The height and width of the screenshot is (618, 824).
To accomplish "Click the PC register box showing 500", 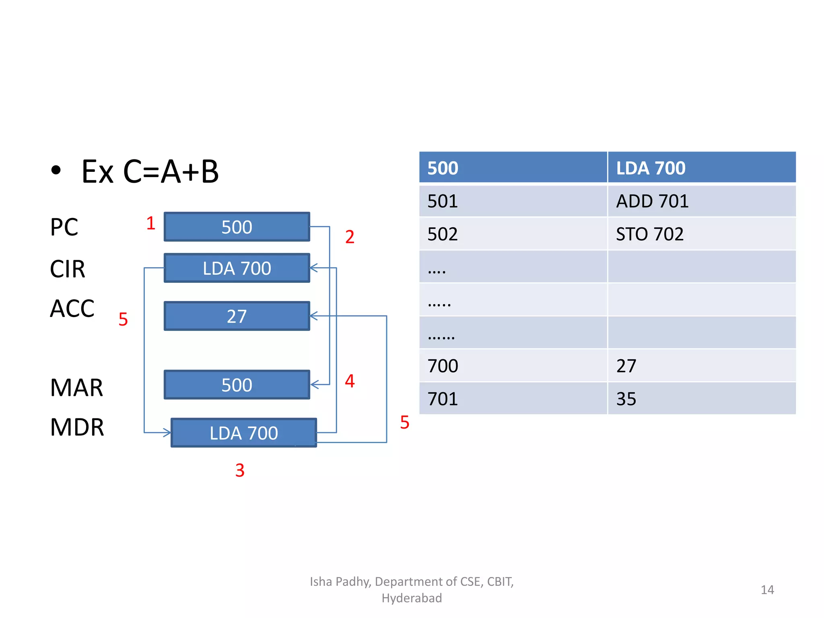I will click(237, 227).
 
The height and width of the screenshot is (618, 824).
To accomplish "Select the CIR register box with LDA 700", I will click(237, 268).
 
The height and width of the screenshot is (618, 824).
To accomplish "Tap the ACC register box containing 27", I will click(237, 316).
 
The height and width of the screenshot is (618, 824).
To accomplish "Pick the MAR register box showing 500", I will click(237, 385).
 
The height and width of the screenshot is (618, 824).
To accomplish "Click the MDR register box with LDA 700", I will click(243, 433).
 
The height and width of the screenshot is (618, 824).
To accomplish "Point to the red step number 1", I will click(151, 223).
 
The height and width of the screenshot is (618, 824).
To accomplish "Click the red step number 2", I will click(350, 237).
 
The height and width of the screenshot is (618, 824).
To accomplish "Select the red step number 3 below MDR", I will click(240, 470).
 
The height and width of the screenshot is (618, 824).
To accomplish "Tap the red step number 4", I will click(350, 381).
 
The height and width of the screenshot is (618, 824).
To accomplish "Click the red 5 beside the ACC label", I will click(123, 319).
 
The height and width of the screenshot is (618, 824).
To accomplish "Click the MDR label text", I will click(77, 427).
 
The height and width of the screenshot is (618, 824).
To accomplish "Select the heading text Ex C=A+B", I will click(150, 172).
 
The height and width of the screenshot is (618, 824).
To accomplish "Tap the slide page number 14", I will click(767, 590).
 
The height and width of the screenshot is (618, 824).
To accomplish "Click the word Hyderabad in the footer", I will click(412, 598).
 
